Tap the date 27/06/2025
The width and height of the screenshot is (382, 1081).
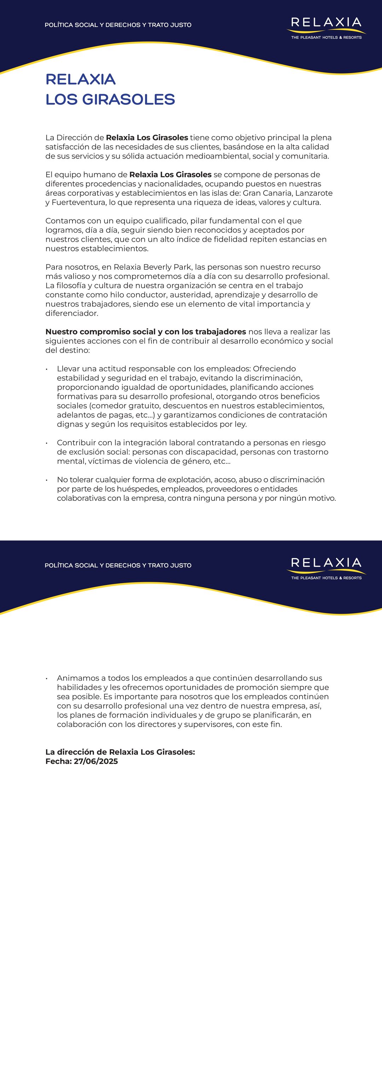(95, 761)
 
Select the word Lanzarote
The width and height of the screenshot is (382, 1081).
(314, 193)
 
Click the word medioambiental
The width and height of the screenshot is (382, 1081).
(218, 156)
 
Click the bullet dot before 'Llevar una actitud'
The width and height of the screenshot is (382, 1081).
(47, 369)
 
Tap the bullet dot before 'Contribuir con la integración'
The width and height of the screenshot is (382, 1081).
(47, 443)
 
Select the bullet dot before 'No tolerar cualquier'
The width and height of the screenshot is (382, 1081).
(47, 480)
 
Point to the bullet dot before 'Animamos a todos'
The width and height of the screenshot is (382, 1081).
(47, 678)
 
